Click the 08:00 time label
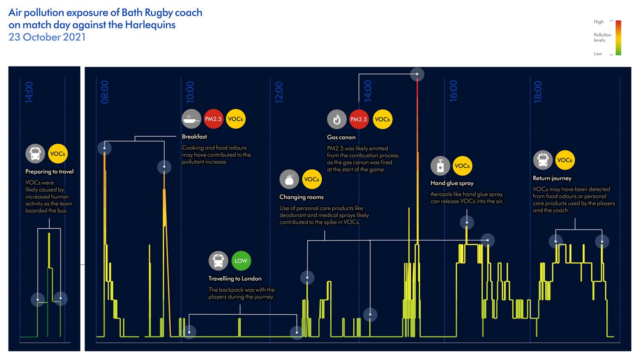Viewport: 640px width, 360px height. [x=105, y=92]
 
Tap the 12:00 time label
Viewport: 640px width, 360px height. [x=279, y=92]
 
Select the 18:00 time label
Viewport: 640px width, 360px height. [x=538, y=92]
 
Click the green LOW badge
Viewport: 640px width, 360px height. [x=241, y=261]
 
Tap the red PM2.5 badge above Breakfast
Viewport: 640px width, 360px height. [x=213, y=119]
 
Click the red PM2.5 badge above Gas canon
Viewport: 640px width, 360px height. [x=359, y=119]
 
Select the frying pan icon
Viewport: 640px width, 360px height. [x=191, y=119]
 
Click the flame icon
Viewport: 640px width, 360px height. [x=337, y=119]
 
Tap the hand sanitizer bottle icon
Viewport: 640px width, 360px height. [x=440, y=166]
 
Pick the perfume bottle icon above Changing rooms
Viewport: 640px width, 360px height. [x=289, y=180]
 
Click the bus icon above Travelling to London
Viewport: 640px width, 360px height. [x=218, y=261]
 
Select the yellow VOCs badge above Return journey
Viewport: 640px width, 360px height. [x=564, y=160]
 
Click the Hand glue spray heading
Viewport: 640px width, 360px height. [x=452, y=183]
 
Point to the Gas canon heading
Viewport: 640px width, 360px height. [x=341, y=137]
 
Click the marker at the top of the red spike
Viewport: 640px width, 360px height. [x=417, y=74]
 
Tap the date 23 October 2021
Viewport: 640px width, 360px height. [x=47, y=37]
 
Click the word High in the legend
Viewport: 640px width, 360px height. [x=599, y=22]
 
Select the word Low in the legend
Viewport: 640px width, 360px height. [x=598, y=54]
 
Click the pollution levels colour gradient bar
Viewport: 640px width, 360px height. [x=618, y=38]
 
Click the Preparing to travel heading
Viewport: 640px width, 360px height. [x=49, y=171]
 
